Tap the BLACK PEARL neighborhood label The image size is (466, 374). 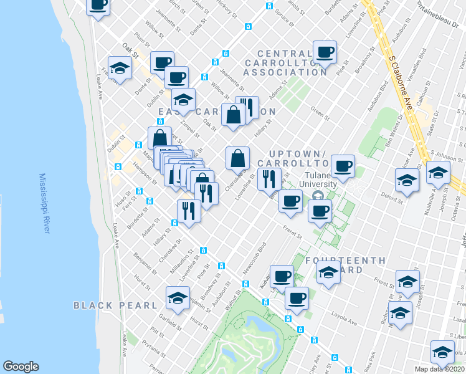(x=115, y=305)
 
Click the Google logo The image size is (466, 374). (x=21, y=366)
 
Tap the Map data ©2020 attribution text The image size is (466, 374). (x=440, y=368)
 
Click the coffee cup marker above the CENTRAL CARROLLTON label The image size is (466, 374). (x=324, y=52)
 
